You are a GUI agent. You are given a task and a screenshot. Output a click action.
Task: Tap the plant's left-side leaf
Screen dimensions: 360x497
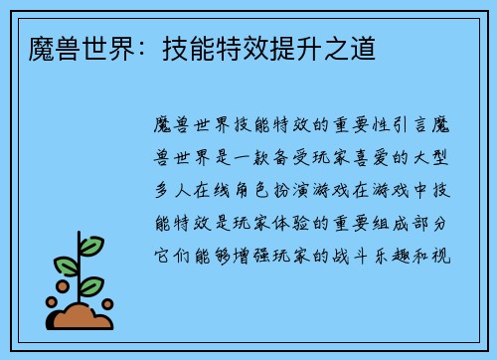click(66, 265)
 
